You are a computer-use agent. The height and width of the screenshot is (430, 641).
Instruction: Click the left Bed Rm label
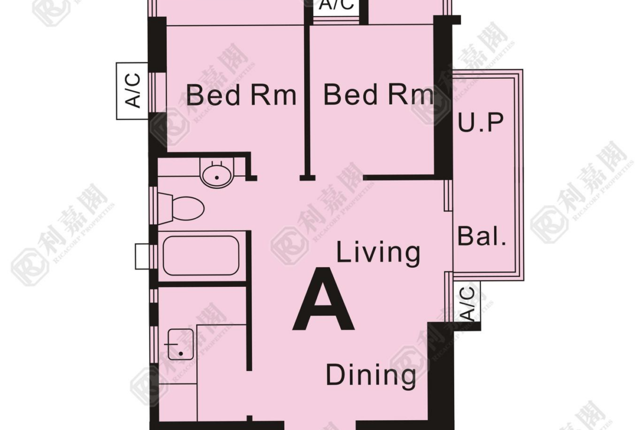pyautogui.click(x=241, y=95)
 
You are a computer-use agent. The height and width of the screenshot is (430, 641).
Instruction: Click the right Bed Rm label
pyautogui.click(x=378, y=95)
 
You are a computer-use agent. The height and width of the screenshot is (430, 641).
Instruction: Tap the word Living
pyautogui.click(x=378, y=252)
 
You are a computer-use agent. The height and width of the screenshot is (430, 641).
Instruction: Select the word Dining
pyautogui.click(x=371, y=375)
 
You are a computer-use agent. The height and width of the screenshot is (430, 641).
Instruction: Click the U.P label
pyautogui.click(x=481, y=122)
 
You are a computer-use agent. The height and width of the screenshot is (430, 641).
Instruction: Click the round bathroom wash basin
pyautogui.click(x=216, y=172)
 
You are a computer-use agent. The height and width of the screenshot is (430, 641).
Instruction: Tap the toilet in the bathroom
pyautogui.click(x=181, y=208)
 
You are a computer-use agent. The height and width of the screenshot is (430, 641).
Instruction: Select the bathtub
pyautogui.click(x=201, y=256)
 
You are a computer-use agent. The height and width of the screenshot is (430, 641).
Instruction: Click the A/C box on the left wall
pyautogui.click(x=132, y=91)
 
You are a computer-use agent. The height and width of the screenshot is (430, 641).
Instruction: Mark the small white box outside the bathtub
pyautogui.click(x=142, y=256)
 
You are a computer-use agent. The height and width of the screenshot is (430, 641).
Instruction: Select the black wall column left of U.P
pyautogui.click(x=443, y=98)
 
